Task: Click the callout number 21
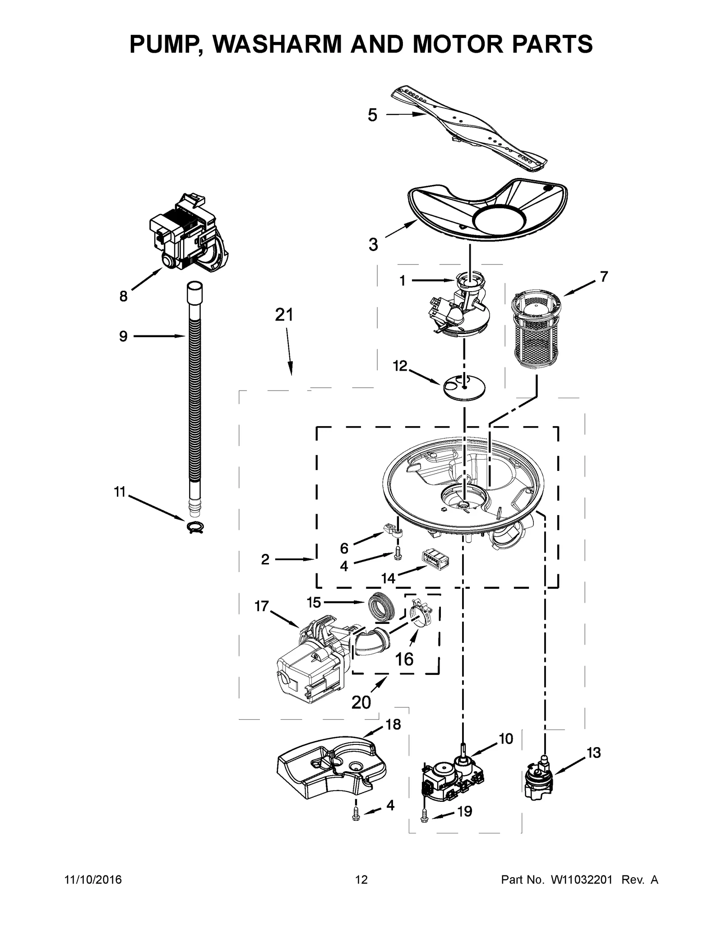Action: (284, 315)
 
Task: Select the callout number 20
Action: (361, 702)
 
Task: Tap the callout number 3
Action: (373, 245)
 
